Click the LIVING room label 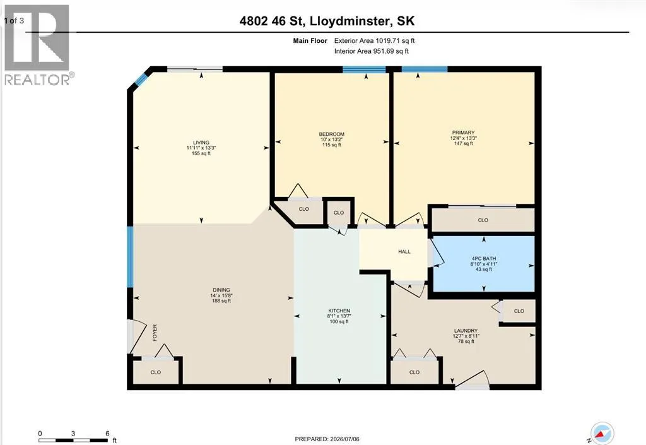(201, 143)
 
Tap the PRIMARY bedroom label (463, 133)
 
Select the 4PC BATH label (484, 259)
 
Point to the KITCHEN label (339, 311)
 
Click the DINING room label (221, 290)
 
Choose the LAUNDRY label (466, 331)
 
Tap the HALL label (404, 251)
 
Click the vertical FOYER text (155, 333)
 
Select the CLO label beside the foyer (155, 372)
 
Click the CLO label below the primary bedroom (483, 220)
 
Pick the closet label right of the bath (519, 311)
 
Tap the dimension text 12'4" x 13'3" (463, 138)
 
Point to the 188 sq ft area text (221, 301)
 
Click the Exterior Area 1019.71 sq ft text (374, 41)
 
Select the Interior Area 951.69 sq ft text (371, 52)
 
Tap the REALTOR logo (37, 45)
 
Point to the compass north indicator (602, 434)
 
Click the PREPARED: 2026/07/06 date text (327, 439)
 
